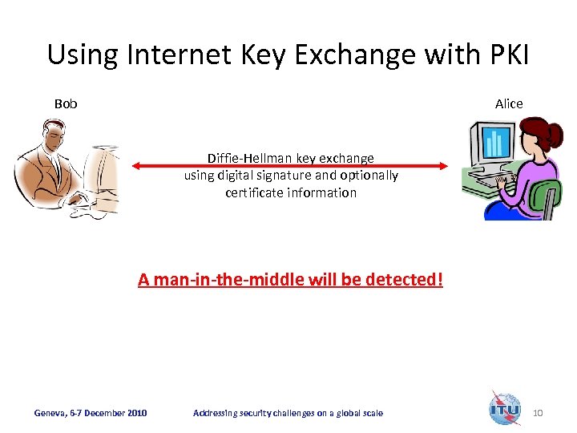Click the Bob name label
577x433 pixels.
(66, 104)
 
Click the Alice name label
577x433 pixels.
(509, 104)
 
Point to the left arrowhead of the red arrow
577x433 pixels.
(136, 166)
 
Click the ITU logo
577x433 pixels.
(505, 408)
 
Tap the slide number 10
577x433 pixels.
(538, 413)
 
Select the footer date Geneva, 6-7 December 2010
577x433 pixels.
(91, 413)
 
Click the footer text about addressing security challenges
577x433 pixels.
(288, 413)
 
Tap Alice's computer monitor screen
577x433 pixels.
(492, 144)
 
